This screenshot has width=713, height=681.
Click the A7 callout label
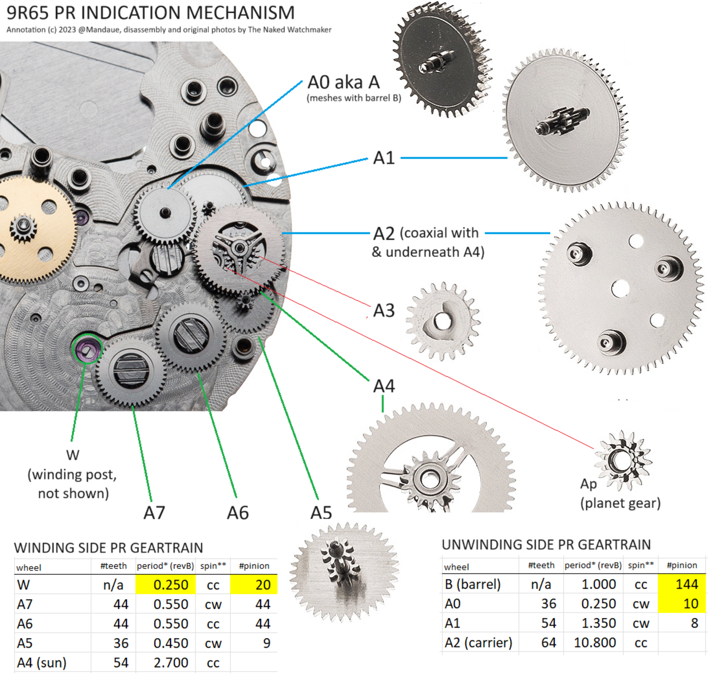click(x=154, y=512)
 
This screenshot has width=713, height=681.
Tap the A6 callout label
click(x=238, y=512)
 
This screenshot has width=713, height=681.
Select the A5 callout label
click(x=321, y=512)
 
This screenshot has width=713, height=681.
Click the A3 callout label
click(x=384, y=310)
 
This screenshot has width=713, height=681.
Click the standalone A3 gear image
click(x=443, y=322)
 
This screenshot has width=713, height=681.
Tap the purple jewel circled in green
click(x=87, y=348)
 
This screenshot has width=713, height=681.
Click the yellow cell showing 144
click(x=681, y=584)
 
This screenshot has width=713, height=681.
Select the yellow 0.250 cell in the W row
click(x=165, y=585)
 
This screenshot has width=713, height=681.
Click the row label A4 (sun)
click(x=41, y=663)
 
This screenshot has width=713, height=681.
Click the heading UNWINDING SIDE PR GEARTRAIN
click(x=546, y=544)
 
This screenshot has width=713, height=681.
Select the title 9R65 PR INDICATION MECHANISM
click(x=150, y=13)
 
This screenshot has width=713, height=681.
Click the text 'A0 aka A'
click(x=343, y=82)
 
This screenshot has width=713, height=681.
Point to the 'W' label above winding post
click(x=72, y=455)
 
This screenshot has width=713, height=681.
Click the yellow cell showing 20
click(x=253, y=585)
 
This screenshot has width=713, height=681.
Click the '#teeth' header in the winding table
click(x=114, y=566)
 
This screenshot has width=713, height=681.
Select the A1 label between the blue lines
click(x=384, y=158)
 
